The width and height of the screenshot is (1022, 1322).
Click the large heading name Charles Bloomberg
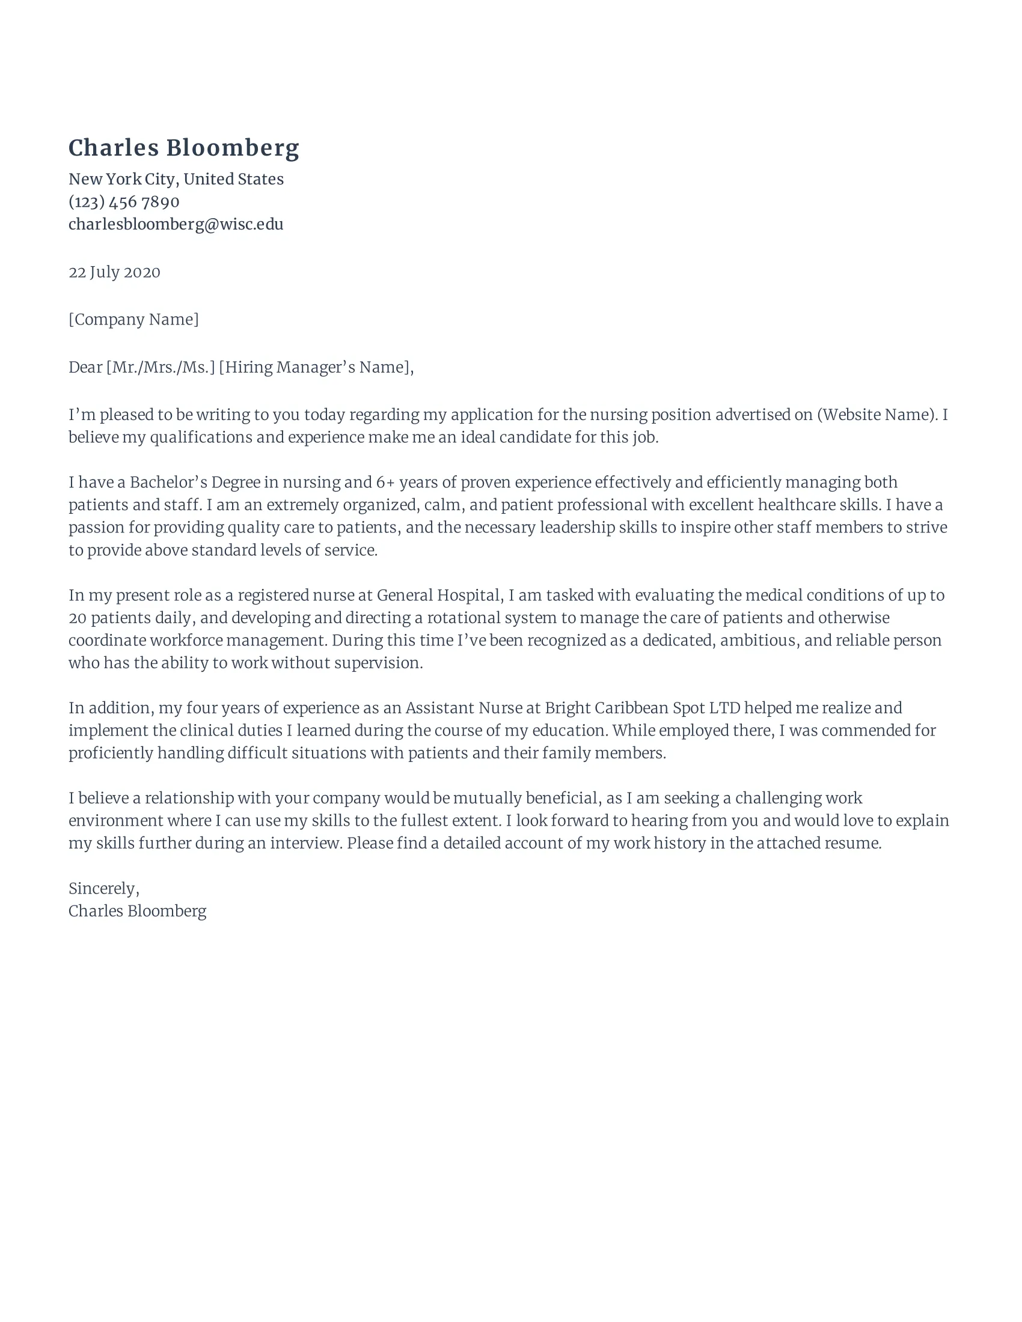click(x=183, y=148)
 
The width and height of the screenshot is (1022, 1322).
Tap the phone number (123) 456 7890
click(x=123, y=201)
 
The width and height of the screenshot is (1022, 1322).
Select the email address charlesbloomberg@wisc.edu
click(x=176, y=224)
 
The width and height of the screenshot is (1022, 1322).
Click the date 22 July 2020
click(x=114, y=272)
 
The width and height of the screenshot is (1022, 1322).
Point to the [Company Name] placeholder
click(x=133, y=320)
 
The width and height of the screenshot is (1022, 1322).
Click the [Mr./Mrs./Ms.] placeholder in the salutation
click(x=161, y=367)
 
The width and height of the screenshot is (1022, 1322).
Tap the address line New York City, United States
click(x=176, y=179)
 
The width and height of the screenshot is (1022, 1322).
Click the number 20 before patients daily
click(x=77, y=618)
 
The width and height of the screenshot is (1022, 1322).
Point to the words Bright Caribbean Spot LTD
click(x=643, y=708)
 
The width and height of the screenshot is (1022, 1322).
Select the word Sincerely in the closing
click(x=102, y=889)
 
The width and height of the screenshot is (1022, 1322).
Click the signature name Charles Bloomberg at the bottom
click(x=138, y=911)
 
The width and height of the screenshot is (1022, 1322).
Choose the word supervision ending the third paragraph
click(x=376, y=663)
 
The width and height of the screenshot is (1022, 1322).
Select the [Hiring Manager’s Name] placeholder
click(x=314, y=367)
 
